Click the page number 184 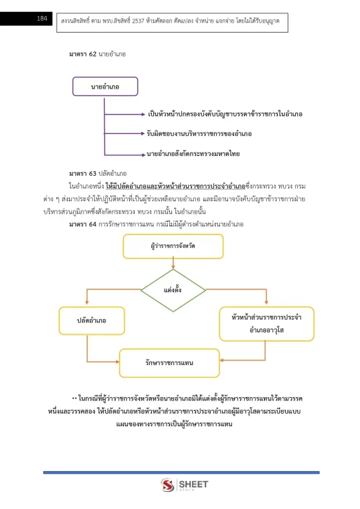[x=42, y=19]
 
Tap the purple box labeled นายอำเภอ [x=105, y=87]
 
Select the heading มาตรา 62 [x=83, y=54]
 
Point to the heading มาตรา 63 [x=83, y=173]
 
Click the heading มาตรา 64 [x=83, y=224]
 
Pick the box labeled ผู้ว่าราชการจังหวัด [x=173, y=246]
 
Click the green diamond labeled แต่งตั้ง [x=173, y=290]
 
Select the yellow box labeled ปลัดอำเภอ [x=91, y=320]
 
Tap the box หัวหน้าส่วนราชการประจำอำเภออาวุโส [x=267, y=324]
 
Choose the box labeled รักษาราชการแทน [x=169, y=363]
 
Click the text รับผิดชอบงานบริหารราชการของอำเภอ [x=199, y=133]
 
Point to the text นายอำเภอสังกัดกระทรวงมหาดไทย [x=193, y=153]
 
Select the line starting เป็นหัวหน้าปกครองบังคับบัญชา [x=225, y=114]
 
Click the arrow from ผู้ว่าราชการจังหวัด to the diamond [x=173, y=262]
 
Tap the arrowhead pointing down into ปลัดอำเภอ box [x=87, y=302]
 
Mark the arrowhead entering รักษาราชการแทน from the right [x=222, y=360]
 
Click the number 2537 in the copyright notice [x=138, y=21]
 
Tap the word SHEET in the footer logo [x=193, y=484]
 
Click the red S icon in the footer [x=167, y=485]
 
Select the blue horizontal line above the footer [x=181, y=472]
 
